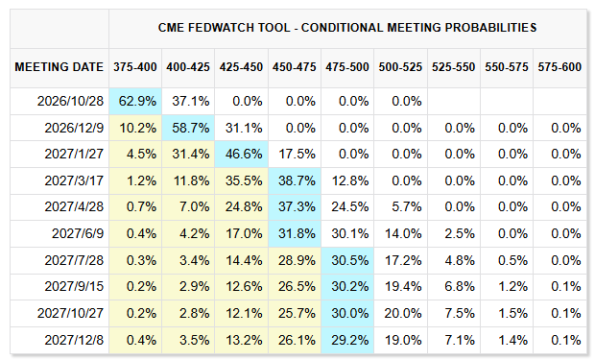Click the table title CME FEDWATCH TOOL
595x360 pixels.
point(224,28)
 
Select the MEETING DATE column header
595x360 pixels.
point(59,67)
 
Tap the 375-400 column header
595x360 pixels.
point(135,67)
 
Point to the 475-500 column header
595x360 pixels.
point(347,67)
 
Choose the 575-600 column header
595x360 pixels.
point(559,67)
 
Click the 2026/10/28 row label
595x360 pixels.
point(70,101)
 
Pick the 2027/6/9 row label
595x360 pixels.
point(78,233)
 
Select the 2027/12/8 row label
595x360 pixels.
point(74,340)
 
